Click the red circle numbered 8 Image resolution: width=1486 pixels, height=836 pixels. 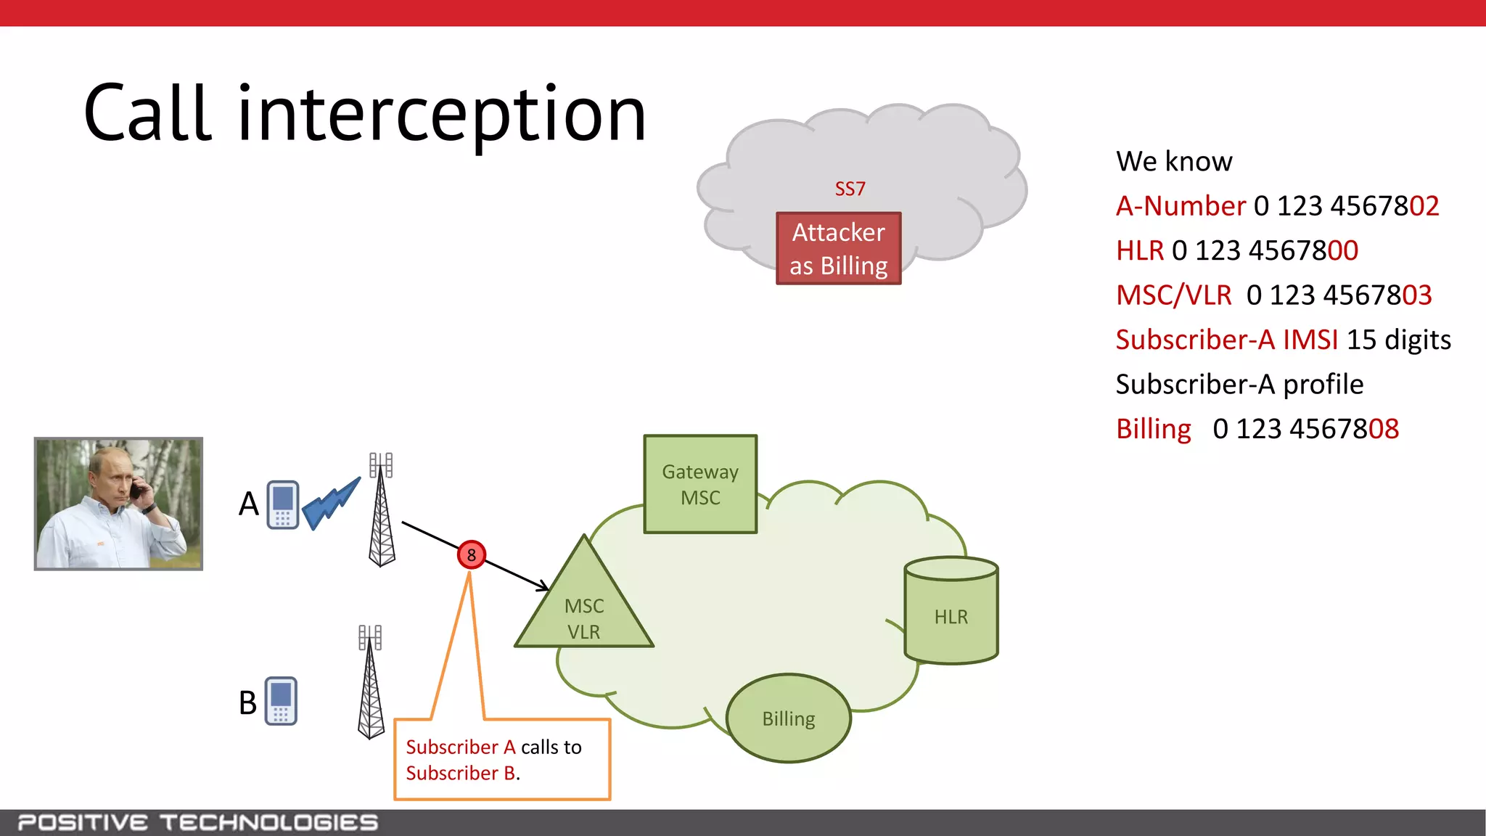coord(471,555)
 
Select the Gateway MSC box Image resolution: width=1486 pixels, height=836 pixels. coord(700,485)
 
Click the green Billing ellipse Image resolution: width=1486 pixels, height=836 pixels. coord(789,718)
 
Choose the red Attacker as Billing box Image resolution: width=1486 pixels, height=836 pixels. coord(838,249)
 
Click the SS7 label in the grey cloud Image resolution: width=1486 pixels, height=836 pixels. coord(850,189)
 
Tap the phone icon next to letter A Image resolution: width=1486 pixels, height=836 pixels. coord(282,504)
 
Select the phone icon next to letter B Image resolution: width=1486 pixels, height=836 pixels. coord(281,701)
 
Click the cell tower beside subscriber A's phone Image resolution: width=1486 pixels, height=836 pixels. coord(382,512)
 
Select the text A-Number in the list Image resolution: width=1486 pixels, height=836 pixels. coord(1181,206)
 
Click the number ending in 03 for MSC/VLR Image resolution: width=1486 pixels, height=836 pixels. coord(1339,295)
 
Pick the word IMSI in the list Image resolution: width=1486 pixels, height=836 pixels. coord(1310,340)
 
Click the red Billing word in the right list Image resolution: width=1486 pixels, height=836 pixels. coord(1153,429)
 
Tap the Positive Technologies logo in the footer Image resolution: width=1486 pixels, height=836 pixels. coord(197,823)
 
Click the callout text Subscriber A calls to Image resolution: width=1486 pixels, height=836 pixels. coord(493,747)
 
